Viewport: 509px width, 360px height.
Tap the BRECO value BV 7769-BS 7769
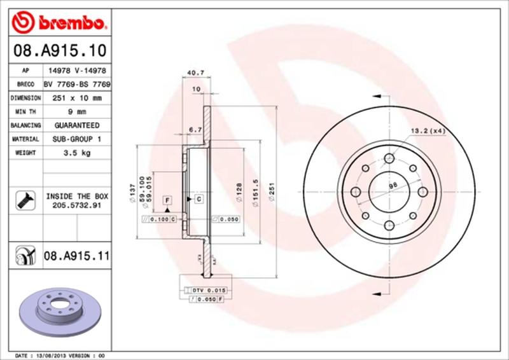click(77, 84)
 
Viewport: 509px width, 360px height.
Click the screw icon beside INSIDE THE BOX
click(22, 202)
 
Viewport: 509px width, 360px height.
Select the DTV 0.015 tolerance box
click(208, 289)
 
